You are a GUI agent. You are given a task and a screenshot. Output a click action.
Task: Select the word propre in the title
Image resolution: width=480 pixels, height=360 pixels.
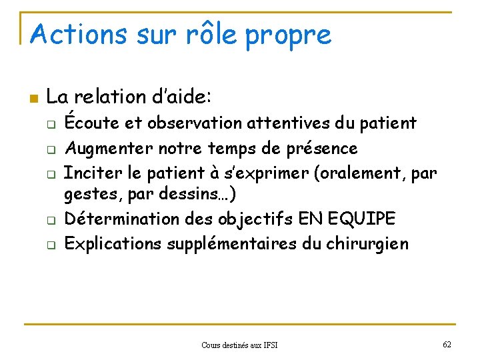click(x=288, y=35)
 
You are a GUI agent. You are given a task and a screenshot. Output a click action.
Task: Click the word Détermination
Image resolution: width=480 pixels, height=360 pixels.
click(x=125, y=219)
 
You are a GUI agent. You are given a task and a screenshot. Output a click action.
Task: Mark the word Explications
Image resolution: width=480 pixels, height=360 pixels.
click(x=113, y=243)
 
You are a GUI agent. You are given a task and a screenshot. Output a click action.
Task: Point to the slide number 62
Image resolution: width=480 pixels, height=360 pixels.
click(x=447, y=344)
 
